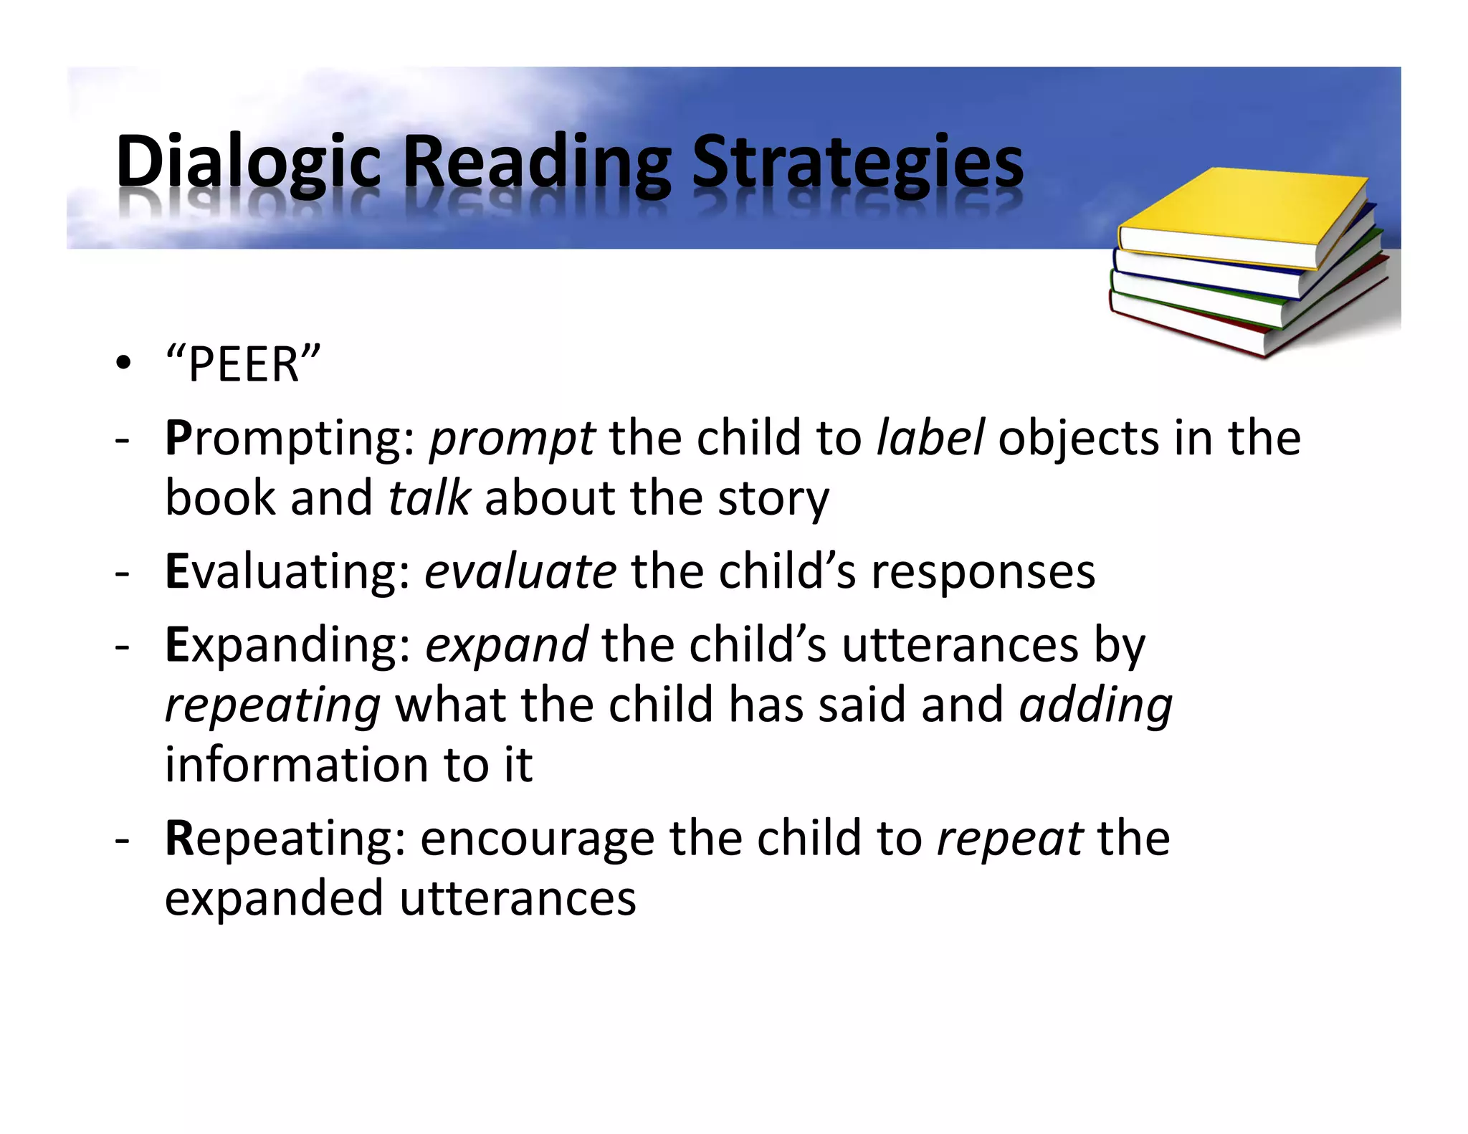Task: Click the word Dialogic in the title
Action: pyautogui.click(x=247, y=163)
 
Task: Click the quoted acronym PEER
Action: pyautogui.click(x=243, y=365)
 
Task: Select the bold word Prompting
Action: pyautogui.click(x=290, y=439)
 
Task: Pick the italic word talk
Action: pyautogui.click(x=429, y=497)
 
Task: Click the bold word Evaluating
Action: pyautogui.click(x=287, y=571)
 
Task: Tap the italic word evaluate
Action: pyautogui.click(x=520, y=571)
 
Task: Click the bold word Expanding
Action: pyautogui.click(x=287, y=646)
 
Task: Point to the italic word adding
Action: pyautogui.click(x=1096, y=706)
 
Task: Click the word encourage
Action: pyautogui.click(x=537, y=839)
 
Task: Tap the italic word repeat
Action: pyautogui.click(x=1009, y=839)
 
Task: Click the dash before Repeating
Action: pyautogui.click(x=122, y=839)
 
